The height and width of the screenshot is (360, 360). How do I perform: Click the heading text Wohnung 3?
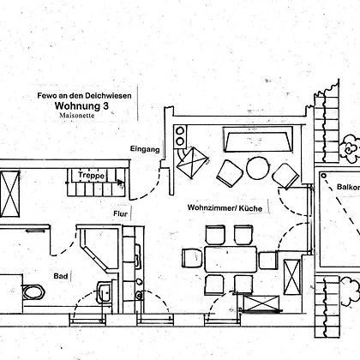coord(81,105)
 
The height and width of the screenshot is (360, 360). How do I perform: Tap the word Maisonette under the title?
coord(77,116)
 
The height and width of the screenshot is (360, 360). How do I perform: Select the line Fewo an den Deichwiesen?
coord(84,95)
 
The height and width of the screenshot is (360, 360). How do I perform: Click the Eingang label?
coord(145,149)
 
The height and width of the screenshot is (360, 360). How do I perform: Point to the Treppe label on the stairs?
coord(92,175)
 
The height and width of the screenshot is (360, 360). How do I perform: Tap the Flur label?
coord(120,213)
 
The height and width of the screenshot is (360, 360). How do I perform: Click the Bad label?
coord(61,276)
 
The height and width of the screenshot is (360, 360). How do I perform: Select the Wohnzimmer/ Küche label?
coord(225,207)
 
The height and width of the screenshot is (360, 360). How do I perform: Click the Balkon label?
coord(348,187)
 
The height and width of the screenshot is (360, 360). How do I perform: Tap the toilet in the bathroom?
coord(33,291)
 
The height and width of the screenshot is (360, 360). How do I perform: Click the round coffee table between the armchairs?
coord(258,168)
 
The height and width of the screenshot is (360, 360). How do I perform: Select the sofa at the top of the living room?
coord(258,140)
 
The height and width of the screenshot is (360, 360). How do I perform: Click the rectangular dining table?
coord(231,260)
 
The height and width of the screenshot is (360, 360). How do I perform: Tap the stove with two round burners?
coord(180,136)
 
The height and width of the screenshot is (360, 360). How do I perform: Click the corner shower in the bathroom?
coord(99,248)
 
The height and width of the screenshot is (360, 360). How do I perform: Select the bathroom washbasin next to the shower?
coord(104,291)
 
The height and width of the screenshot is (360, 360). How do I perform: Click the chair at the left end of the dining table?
coord(192,258)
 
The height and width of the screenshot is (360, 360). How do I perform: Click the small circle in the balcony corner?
coord(323,176)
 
